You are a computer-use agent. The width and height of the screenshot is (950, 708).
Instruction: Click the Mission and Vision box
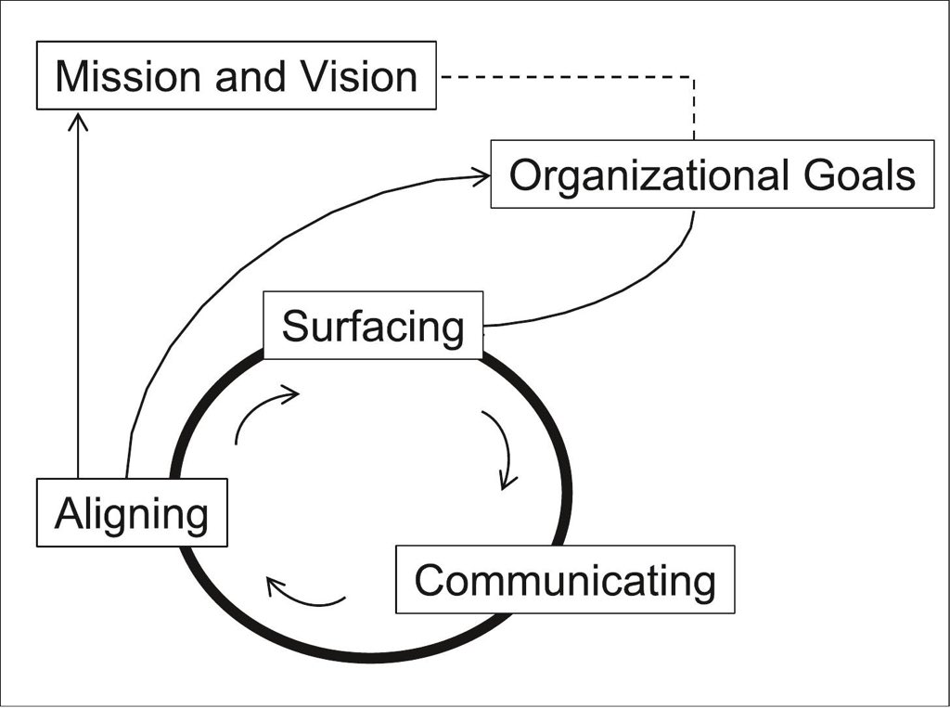[236, 75]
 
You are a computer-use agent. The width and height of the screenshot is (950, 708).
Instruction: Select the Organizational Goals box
[712, 174]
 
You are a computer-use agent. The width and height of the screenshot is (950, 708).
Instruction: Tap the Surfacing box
[373, 326]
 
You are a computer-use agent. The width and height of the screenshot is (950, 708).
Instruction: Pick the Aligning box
[132, 512]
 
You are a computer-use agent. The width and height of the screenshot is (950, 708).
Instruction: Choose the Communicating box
[565, 580]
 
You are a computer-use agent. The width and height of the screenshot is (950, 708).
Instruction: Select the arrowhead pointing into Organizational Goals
[481, 176]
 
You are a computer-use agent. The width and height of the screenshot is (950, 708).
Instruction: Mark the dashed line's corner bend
[694, 78]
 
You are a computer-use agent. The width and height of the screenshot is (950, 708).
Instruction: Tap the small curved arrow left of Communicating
[305, 594]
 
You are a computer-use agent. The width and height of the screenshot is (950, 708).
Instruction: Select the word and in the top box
[250, 75]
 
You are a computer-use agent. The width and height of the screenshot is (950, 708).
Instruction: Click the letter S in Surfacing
[295, 327]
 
